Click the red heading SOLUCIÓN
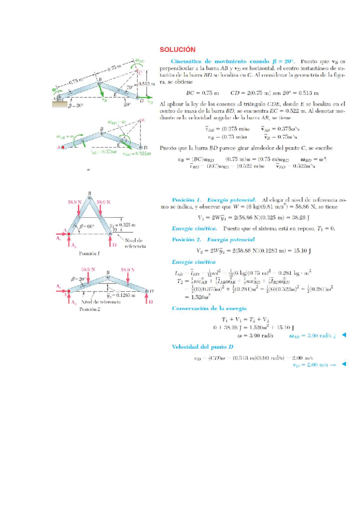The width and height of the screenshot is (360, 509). click(x=177, y=50)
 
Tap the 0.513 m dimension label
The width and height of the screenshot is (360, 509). click(x=147, y=84)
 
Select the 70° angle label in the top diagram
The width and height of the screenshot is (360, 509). click(x=130, y=87)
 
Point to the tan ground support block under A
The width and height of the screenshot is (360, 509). click(x=60, y=104)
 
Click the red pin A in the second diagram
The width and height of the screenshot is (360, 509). click(x=63, y=147)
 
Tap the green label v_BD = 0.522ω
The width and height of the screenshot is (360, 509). click(x=136, y=154)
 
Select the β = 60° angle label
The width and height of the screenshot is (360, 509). click(x=87, y=226)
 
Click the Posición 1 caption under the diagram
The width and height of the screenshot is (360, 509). click(x=89, y=254)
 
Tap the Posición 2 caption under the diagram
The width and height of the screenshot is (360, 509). click(x=89, y=309)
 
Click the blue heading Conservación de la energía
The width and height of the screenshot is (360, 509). click(x=209, y=309)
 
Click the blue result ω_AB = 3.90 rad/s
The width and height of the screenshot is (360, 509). click(x=312, y=336)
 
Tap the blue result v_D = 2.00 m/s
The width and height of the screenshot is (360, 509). click(x=310, y=365)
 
